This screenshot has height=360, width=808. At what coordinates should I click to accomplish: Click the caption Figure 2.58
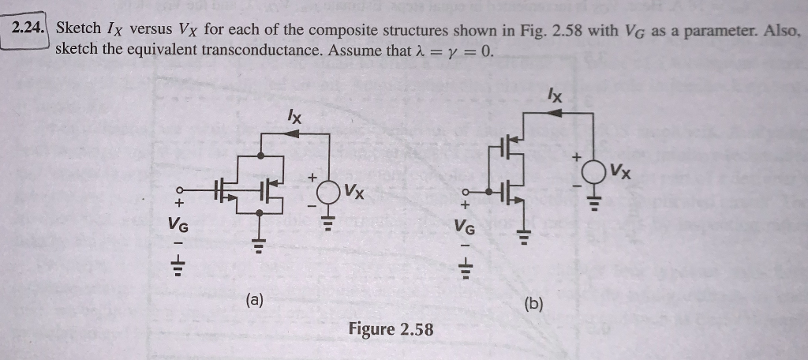(391, 329)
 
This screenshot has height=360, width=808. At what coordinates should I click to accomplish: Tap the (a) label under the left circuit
(255, 299)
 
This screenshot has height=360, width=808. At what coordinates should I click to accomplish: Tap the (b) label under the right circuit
(533, 302)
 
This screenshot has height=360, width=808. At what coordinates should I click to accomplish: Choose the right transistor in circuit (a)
(271, 189)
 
